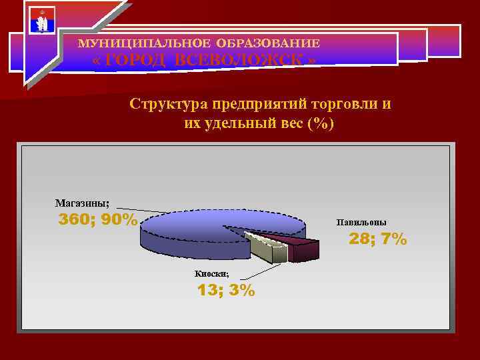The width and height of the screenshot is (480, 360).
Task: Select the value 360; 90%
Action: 98,220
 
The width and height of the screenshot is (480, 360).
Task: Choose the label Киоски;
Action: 211,273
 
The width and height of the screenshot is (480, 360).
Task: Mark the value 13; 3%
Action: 225,290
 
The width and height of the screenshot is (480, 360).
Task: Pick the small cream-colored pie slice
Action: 267,247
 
